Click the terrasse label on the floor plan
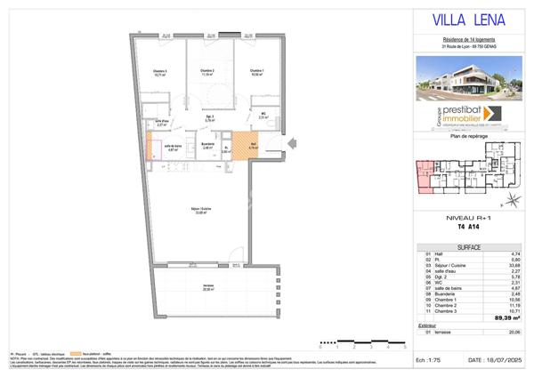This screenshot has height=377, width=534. click(208, 287)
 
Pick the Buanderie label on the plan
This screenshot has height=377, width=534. click(207, 146)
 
